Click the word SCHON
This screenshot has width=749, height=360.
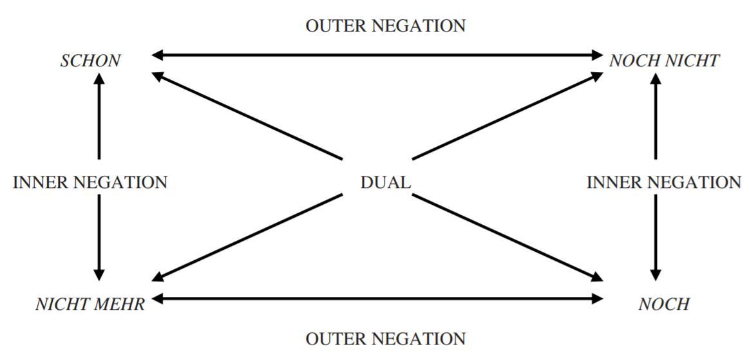(90, 61)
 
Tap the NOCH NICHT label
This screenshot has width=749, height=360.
(664, 61)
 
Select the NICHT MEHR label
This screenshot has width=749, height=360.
(90, 304)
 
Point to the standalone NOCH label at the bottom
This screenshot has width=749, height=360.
(663, 304)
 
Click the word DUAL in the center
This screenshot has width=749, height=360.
(385, 182)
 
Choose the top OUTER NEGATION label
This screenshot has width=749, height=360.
(385, 26)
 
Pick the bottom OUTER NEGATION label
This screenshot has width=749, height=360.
(385, 339)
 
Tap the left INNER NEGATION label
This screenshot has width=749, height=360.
(90, 182)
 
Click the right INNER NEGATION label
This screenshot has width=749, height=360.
(663, 182)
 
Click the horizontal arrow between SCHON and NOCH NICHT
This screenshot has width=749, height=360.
(377, 55)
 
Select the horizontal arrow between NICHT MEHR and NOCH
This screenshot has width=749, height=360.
(377, 298)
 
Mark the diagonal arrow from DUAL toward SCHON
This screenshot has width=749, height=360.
(248, 116)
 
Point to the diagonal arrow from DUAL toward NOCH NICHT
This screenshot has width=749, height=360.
(506, 116)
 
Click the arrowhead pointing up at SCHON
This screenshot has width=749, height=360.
(99, 79)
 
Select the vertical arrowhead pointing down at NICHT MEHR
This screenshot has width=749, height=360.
(99, 274)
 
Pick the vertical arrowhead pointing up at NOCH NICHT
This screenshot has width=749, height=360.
(656, 79)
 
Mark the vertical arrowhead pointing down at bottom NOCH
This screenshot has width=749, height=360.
(656, 274)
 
